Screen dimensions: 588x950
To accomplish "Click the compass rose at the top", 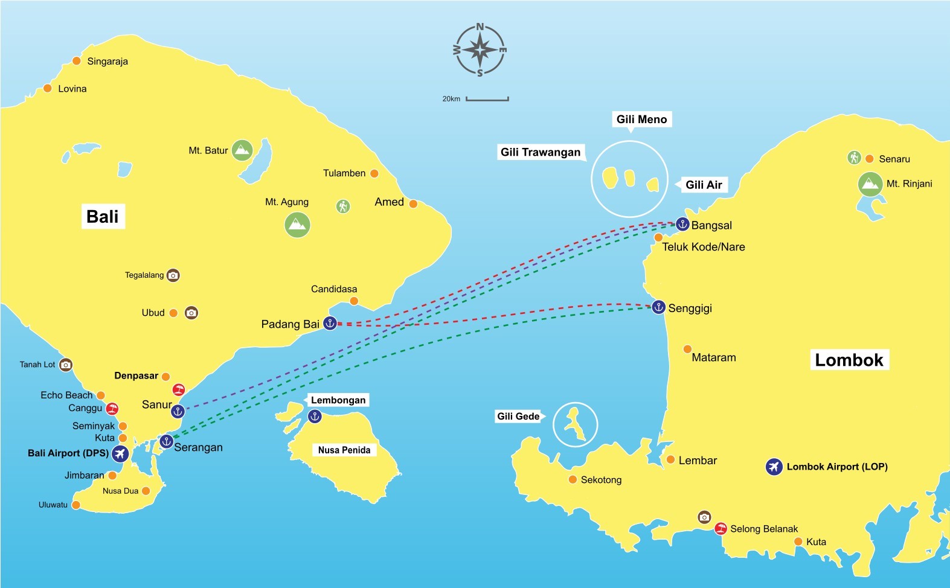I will (x=480, y=50).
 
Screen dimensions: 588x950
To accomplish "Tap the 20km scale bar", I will (x=487, y=99).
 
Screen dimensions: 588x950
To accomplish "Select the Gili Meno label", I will (x=641, y=120).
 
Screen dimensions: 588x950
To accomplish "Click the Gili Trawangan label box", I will (x=541, y=152).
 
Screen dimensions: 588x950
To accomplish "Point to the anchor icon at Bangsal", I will (x=682, y=225).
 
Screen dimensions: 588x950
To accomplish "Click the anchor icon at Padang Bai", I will (x=330, y=323).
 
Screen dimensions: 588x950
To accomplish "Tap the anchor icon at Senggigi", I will (x=658, y=307).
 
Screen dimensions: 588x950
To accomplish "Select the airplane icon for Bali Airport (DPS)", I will (x=120, y=453).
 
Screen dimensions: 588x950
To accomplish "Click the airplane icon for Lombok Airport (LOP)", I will (x=774, y=467).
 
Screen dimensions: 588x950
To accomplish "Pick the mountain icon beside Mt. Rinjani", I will (x=870, y=184).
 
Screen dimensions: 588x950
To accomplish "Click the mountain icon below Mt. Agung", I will (x=297, y=225).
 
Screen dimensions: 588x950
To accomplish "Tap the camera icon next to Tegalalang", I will (x=173, y=275).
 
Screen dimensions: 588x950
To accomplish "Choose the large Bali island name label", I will (x=103, y=217).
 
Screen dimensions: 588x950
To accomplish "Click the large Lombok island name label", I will (x=849, y=360).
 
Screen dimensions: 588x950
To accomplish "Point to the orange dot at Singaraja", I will (x=77, y=61).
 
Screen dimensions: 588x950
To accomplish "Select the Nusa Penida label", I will (x=344, y=450).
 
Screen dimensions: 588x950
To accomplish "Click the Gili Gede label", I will (x=518, y=416).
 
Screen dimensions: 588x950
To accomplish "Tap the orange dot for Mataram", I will (x=687, y=349).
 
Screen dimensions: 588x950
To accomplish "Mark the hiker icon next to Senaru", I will (x=853, y=158).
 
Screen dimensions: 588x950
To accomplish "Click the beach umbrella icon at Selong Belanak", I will (x=721, y=529).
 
